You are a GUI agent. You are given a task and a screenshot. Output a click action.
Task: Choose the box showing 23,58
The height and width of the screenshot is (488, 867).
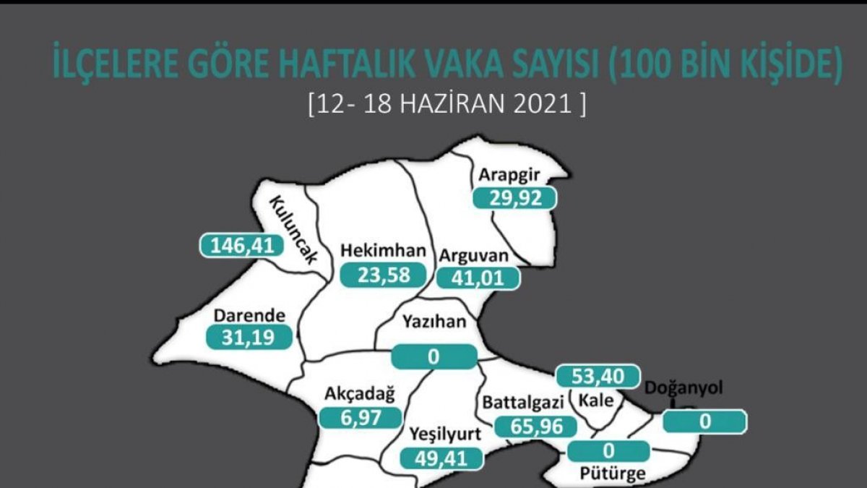(x=381, y=275)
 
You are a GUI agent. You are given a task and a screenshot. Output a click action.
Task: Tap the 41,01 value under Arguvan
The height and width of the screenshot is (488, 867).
(x=477, y=278)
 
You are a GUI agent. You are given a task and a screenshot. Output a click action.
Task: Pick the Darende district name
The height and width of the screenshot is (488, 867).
(x=251, y=315)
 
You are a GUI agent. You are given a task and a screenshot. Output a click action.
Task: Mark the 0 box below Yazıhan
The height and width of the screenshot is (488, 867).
(x=434, y=356)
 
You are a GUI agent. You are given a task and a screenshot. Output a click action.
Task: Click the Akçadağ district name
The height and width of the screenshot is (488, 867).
(x=359, y=395)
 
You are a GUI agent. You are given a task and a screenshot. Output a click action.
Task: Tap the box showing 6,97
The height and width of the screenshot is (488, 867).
(x=360, y=417)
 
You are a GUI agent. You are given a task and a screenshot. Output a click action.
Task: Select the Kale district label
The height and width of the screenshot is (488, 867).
(x=596, y=401)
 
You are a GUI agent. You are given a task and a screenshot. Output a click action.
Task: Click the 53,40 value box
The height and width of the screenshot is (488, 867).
(x=598, y=377)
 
